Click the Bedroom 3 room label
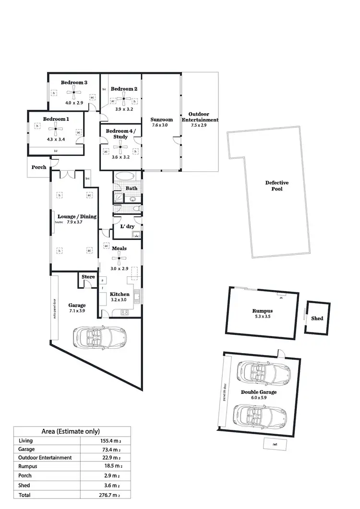coord(74,83)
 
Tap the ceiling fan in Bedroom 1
coord(56,127)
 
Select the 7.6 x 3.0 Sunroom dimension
coord(161,125)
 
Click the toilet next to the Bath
coord(136,209)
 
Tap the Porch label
coord(39,167)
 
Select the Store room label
coord(88,277)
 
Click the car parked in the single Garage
coord(99,338)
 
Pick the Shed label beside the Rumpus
coord(317,318)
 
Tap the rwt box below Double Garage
coord(275,444)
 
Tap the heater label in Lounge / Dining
coord(59,223)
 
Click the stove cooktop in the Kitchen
coord(124,313)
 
